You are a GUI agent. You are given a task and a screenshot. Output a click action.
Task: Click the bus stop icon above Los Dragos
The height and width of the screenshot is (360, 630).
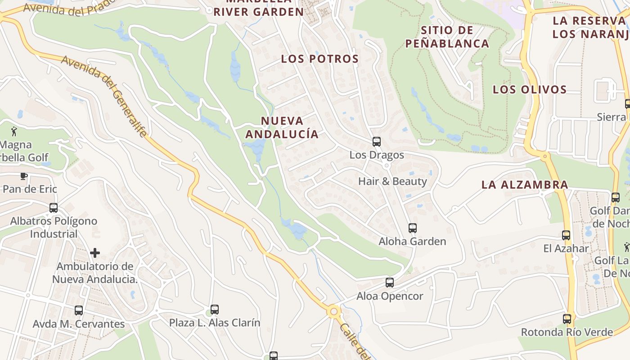tap(377, 142)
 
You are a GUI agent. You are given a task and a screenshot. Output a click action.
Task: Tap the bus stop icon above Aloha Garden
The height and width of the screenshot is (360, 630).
tap(413, 228)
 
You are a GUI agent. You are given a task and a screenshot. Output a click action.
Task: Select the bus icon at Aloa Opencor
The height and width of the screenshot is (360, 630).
tap(390, 283)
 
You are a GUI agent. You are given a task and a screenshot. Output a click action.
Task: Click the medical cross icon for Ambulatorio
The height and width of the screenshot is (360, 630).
tap(95, 253)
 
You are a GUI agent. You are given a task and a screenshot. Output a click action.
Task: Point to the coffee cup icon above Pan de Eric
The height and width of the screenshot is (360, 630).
tap(24, 176)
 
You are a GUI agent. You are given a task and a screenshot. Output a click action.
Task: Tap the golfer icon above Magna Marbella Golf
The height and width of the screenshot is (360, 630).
tap(14, 131)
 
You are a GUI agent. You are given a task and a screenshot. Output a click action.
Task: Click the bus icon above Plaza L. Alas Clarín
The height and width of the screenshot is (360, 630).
tap(215, 310)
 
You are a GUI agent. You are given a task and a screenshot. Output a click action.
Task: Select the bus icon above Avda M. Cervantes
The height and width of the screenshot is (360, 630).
tap(79, 310)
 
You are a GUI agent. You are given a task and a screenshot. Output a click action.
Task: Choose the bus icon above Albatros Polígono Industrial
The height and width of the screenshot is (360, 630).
tap(54, 208)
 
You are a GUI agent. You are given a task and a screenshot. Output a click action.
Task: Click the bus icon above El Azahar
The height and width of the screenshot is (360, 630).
tap(566, 235)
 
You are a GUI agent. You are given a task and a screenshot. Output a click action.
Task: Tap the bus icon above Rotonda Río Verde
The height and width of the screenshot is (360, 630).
tap(567, 319)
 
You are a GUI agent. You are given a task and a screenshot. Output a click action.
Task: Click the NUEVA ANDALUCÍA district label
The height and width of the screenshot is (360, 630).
tap(282, 127)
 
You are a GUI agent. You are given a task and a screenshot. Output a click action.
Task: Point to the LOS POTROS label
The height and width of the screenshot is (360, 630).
tap(320, 59)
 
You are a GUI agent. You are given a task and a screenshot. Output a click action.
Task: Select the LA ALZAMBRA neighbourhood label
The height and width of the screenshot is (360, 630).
tap(525, 184)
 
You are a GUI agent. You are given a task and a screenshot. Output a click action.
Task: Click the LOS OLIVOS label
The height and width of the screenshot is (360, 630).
tap(530, 90)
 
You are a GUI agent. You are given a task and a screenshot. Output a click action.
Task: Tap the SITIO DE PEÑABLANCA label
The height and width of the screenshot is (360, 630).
tap(447, 37)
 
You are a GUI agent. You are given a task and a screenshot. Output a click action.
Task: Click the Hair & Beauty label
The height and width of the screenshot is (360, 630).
tap(392, 181)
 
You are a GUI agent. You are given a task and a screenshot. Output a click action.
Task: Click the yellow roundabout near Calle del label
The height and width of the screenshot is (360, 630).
tap(333, 311)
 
